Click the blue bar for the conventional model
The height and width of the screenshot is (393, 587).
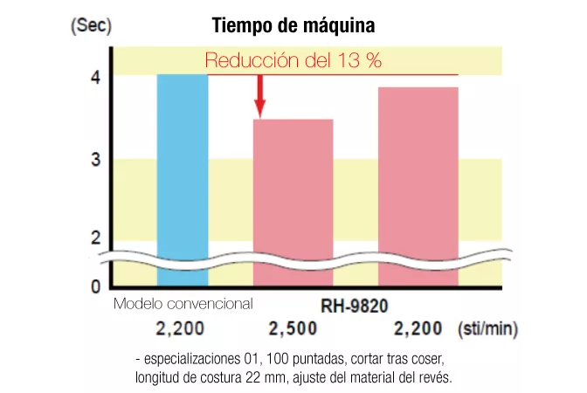point(183,175)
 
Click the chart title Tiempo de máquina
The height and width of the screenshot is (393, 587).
point(293,27)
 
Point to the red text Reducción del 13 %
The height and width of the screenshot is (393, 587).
point(293,61)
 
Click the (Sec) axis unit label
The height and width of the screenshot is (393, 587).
point(90,25)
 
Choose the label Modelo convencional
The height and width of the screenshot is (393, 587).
point(183,304)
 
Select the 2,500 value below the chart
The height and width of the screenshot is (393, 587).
point(293,329)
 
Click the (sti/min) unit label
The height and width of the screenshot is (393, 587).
point(487,329)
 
